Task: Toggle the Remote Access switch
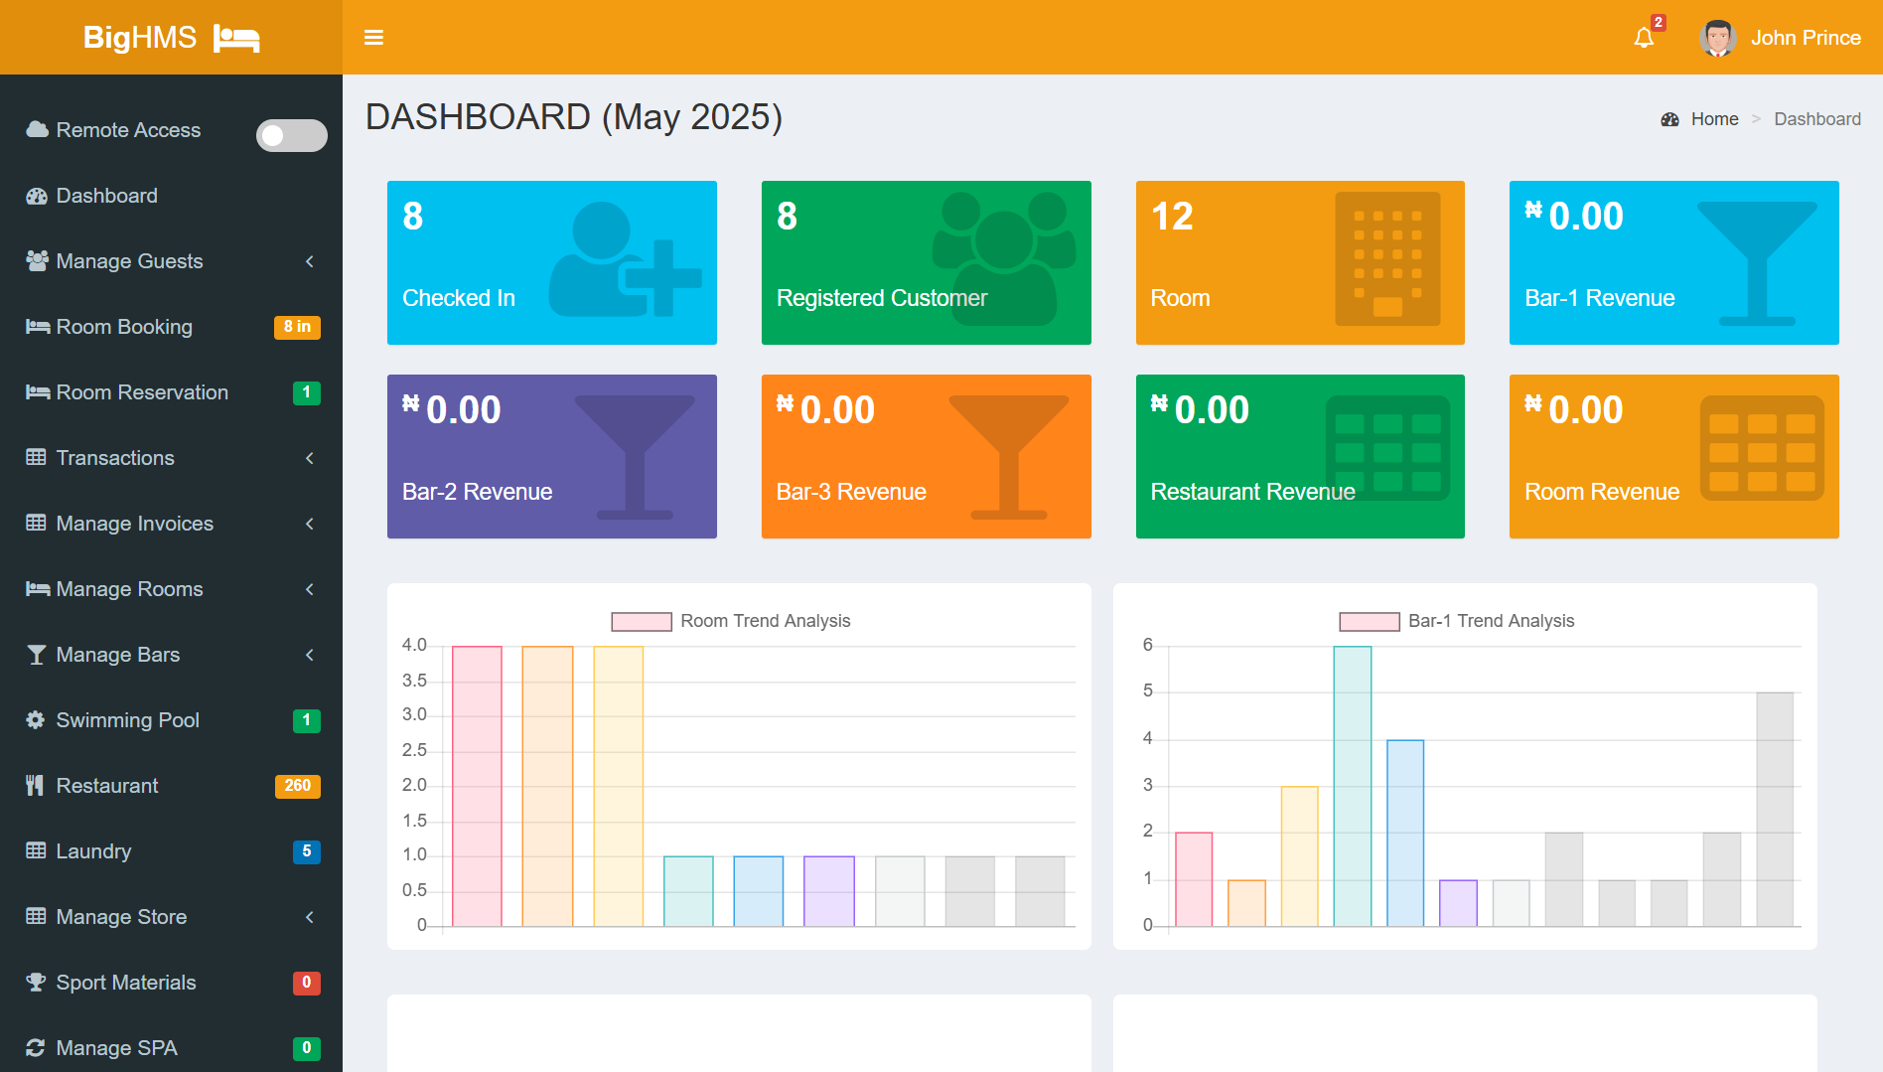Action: coord(291,135)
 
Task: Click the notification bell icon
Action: coord(1644,38)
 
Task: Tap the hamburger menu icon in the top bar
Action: coord(373,38)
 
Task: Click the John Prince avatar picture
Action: coord(1717,38)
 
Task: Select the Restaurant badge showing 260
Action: coord(297,786)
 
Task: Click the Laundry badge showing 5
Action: coord(306,851)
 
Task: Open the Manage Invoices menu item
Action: coord(135,524)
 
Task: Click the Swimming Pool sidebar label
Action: coord(127,720)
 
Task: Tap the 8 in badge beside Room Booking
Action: coord(297,327)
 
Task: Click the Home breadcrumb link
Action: coord(1714,119)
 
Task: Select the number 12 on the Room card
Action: coord(1172,217)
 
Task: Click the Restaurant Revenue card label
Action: coord(1252,492)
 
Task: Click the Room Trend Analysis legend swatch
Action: coord(642,622)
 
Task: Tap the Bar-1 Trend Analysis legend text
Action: coord(1491,621)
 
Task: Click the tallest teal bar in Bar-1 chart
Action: coord(1352,785)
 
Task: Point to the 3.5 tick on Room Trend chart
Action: coord(414,681)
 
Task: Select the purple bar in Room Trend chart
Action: coord(828,891)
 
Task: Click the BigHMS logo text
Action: coord(140,38)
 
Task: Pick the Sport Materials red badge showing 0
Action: coord(306,983)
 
